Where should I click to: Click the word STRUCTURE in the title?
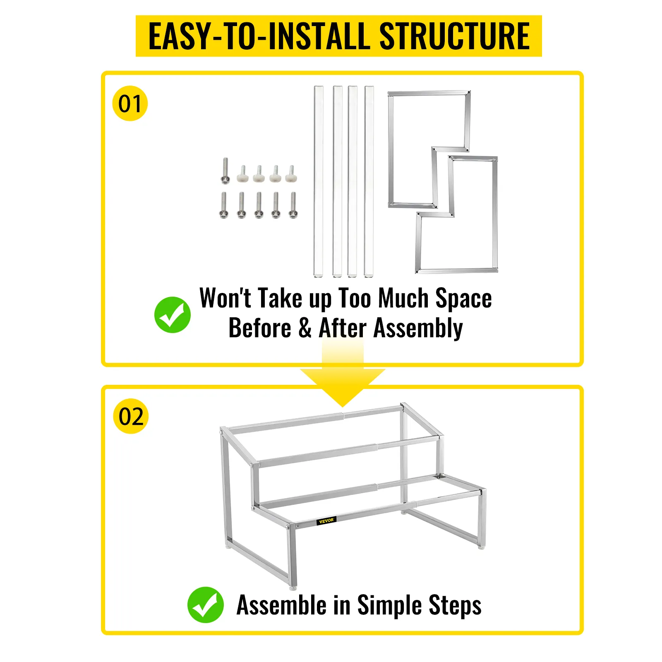[454, 36]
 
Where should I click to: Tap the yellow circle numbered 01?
[130, 103]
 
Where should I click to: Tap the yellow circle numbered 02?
[131, 416]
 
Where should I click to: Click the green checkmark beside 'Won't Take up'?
[173, 315]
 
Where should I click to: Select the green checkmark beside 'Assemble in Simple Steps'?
[206, 604]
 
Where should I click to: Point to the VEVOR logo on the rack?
[326, 520]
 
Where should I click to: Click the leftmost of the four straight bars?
[319, 181]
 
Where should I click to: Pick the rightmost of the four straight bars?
[369, 181]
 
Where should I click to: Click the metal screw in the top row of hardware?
[225, 170]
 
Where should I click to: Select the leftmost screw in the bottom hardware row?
[224, 205]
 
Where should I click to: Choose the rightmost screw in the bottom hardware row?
[293, 205]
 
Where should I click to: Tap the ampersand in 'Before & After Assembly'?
[305, 328]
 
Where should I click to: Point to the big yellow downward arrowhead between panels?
[343, 387]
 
